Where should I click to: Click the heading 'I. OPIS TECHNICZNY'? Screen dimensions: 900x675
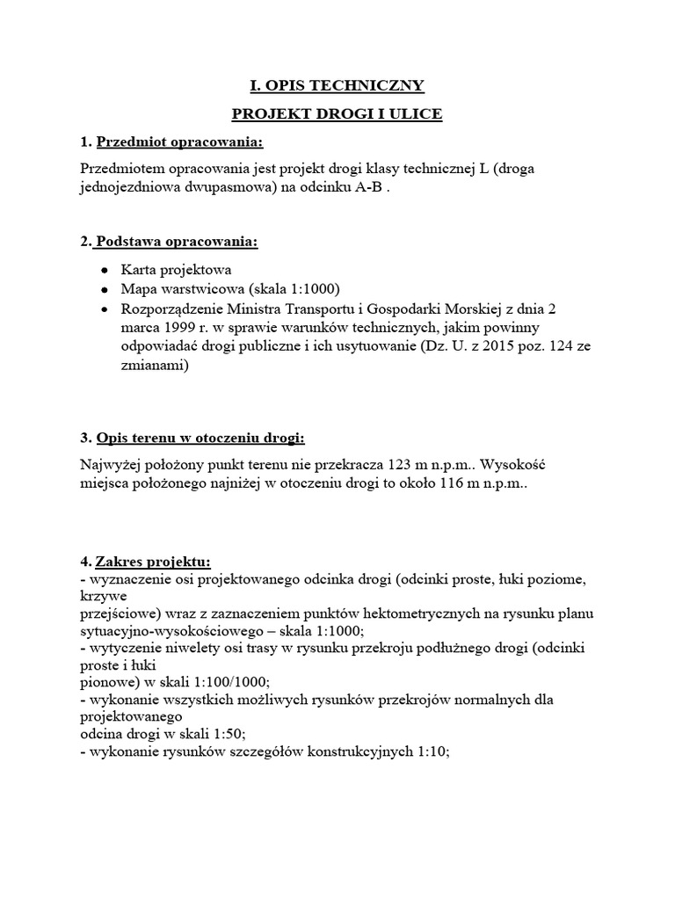[337, 85]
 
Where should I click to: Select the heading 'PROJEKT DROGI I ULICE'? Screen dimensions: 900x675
[337, 114]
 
